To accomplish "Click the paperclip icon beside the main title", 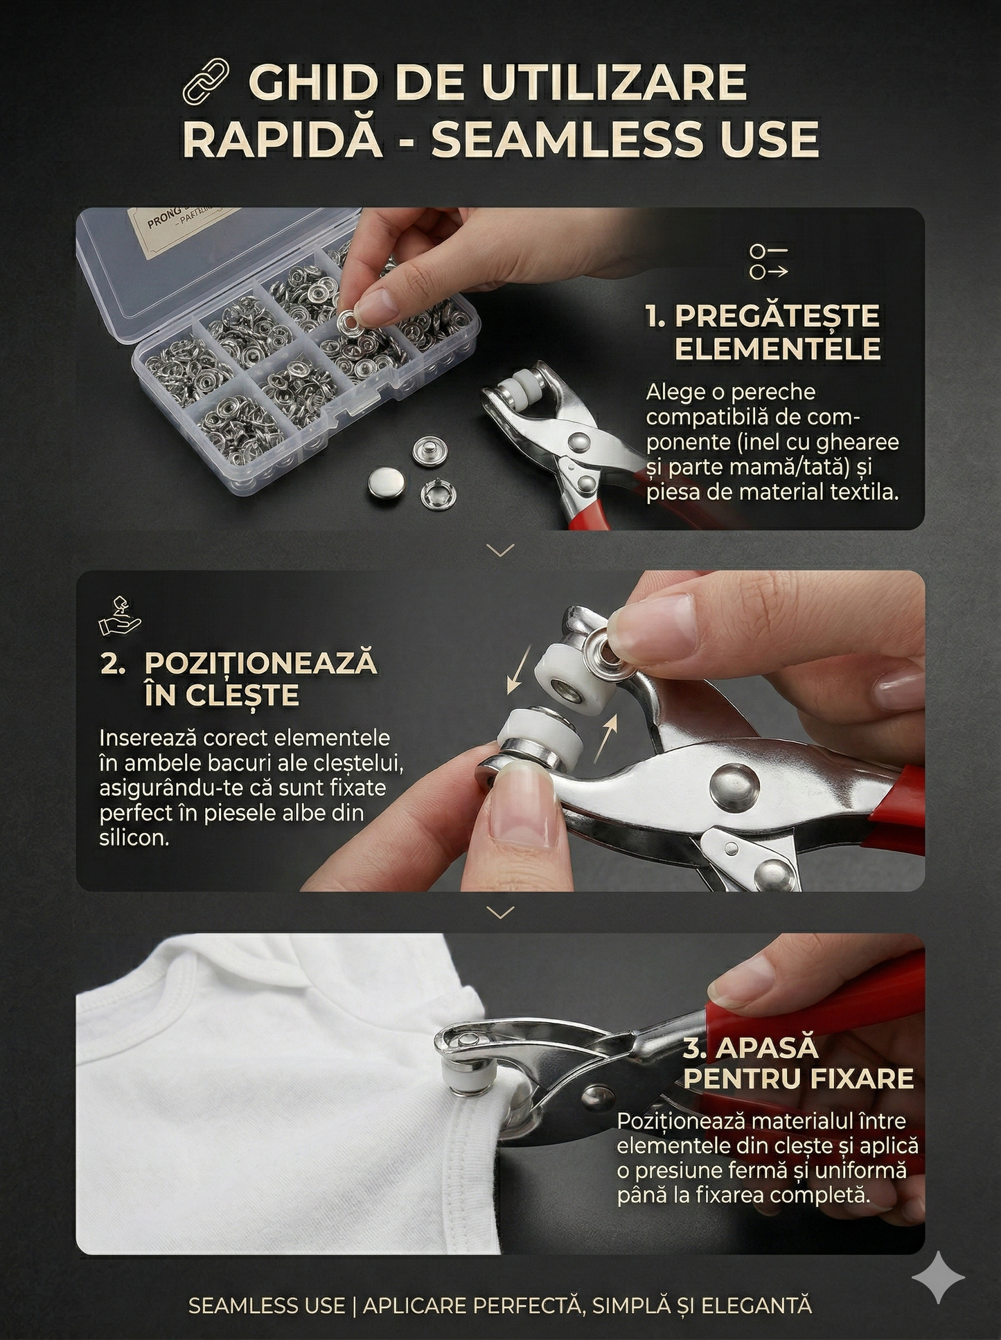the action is [x=206, y=80].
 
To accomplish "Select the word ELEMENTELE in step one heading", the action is [x=777, y=348].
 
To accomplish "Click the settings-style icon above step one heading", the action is [x=768, y=261].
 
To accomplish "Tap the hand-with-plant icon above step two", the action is [x=121, y=616].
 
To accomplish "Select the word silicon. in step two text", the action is [x=134, y=838].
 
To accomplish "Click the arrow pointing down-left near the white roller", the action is [x=520, y=668].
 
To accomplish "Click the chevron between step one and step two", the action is [x=500, y=551].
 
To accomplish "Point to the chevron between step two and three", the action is [x=500, y=913].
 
